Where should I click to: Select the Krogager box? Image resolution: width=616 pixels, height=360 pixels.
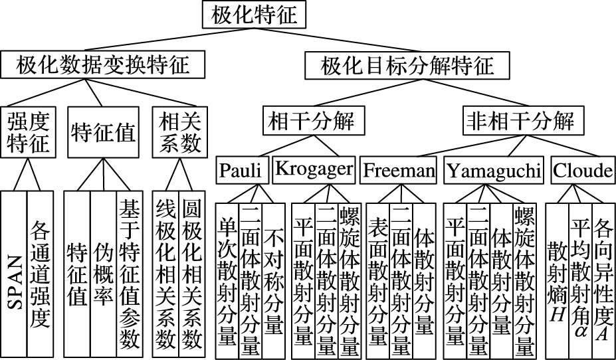pyautogui.click(x=313, y=171)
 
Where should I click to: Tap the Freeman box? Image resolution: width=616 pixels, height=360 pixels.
pyautogui.click(x=399, y=171)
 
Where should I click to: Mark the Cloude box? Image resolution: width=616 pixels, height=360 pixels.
pyautogui.click(x=582, y=171)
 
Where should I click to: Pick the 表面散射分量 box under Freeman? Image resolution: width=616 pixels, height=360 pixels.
pyautogui.click(x=377, y=279)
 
